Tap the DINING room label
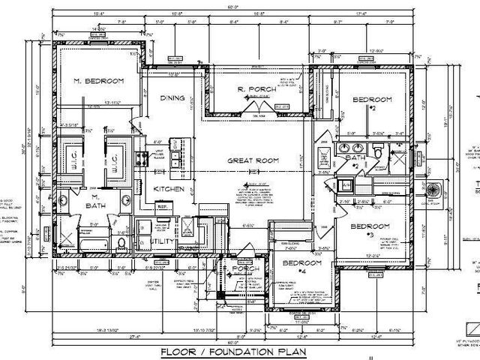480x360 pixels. pos(172,98)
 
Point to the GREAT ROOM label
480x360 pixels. pos(253,160)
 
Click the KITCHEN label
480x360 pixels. pos(169,190)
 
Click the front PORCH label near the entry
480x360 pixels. pos(246,269)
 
